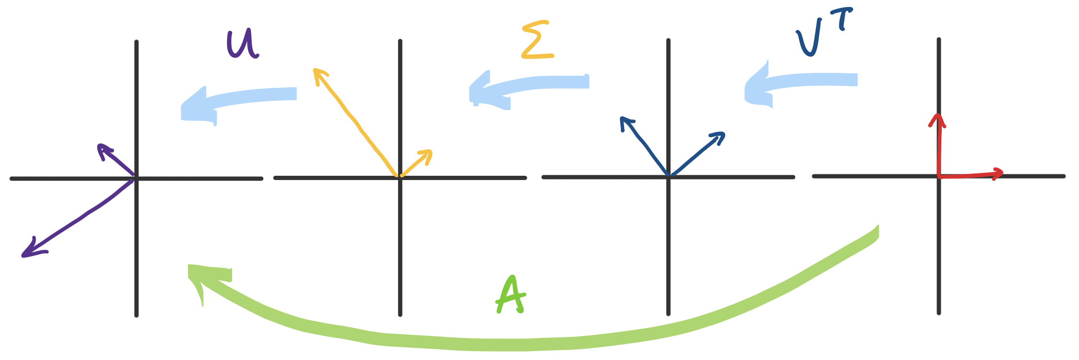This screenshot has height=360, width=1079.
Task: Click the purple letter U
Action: [x=242, y=44]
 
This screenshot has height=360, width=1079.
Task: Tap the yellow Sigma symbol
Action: [x=537, y=40]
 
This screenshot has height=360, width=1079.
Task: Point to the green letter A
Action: [x=511, y=295]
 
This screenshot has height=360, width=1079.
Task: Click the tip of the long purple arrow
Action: [x=23, y=256]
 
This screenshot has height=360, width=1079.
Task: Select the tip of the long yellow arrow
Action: [x=314, y=70]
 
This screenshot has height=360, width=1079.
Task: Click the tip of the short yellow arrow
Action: [x=430, y=151]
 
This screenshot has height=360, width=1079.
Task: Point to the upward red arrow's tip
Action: [x=938, y=115]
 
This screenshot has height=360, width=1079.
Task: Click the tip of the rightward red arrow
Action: [x=1002, y=173]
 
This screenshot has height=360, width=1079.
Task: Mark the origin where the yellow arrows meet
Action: [x=399, y=177]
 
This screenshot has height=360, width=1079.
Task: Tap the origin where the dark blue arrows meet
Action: [x=668, y=176]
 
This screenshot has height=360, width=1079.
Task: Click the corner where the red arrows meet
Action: [x=938, y=176]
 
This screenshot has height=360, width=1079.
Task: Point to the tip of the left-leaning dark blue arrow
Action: [x=622, y=118]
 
